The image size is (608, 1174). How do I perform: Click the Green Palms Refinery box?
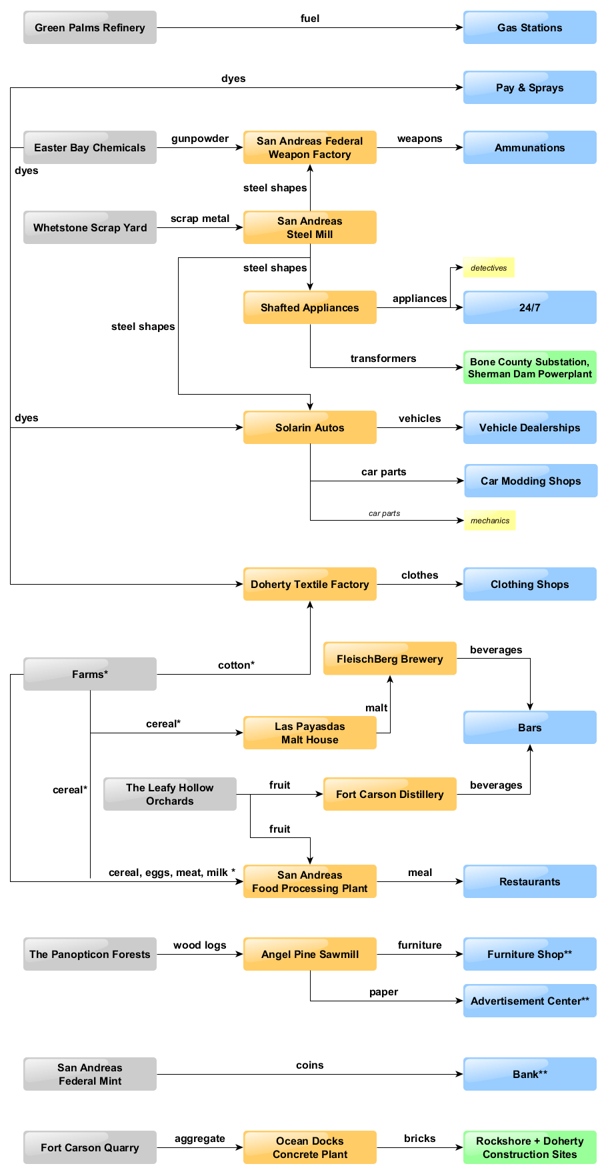coord(90,27)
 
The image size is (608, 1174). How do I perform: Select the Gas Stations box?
coord(529,27)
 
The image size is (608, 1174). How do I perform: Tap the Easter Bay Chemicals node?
coord(90,147)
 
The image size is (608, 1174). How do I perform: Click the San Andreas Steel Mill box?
coord(309,227)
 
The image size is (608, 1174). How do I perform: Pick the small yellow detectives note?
coord(489,267)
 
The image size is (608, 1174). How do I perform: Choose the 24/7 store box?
coord(529,307)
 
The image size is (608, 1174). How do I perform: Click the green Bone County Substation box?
coord(529,367)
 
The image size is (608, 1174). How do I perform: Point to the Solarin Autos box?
coord(309,427)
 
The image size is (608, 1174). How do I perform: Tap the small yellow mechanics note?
coord(489,521)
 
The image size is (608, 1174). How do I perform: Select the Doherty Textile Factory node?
coord(309,584)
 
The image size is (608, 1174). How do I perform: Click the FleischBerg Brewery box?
coord(389,659)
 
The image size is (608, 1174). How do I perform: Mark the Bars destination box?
coord(529,727)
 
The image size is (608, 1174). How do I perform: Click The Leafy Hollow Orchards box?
coord(169,794)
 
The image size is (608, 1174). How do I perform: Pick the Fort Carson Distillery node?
coord(389,794)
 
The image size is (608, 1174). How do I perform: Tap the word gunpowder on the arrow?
coord(200,139)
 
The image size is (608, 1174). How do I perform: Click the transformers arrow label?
coord(383,359)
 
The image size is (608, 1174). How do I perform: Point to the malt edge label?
coord(376,708)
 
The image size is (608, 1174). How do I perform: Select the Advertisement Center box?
coord(529,1001)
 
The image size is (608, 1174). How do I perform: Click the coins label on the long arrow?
coord(309,1065)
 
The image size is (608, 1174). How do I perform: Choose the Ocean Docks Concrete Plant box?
coord(309,1147)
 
